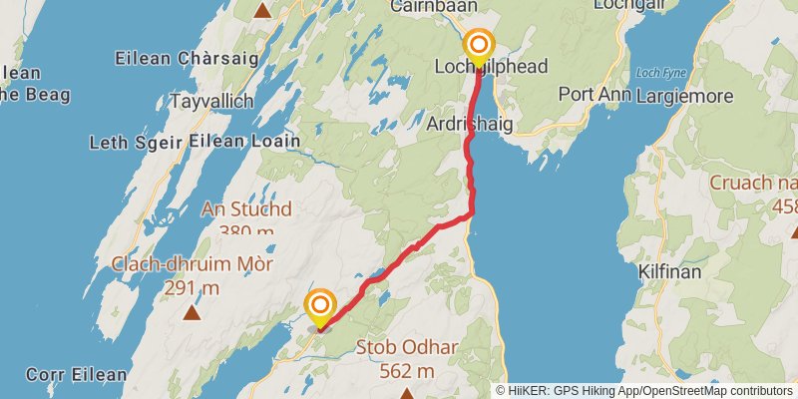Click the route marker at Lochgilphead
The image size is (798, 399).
tap(480, 45)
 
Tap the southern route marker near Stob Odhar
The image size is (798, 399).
tap(320, 306)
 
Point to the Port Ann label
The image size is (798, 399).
tap(597, 96)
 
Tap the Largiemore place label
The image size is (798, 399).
tap(689, 96)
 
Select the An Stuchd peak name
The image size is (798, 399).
tap(246, 209)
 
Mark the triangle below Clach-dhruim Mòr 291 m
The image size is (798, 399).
tap(192, 312)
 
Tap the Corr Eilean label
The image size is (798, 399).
tap(63, 375)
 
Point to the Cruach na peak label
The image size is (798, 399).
tap(753, 183)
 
